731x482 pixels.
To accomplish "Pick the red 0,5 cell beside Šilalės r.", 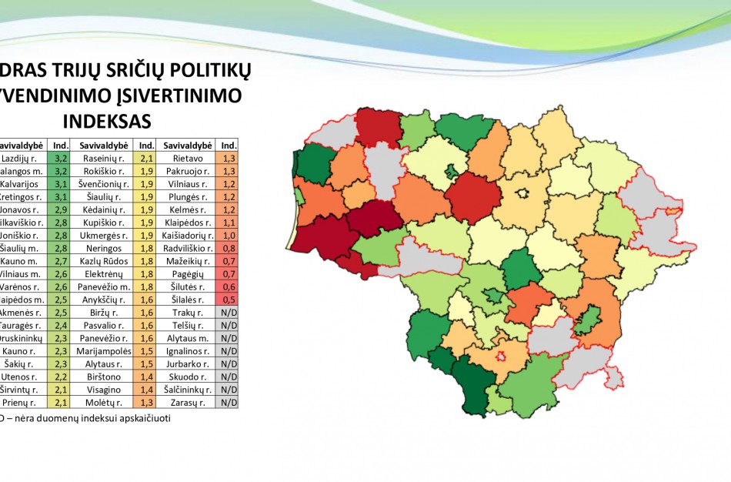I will click(x=228, y=300).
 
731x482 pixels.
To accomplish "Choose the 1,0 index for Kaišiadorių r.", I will click(x=228, y=235).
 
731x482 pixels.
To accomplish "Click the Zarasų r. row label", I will click(x=188, y=402).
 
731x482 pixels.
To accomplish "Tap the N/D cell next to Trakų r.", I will click(x=228, y=312).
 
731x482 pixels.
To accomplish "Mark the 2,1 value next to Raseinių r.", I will click(x=144, y=158).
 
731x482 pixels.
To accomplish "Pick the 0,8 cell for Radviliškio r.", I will click(x=228, y=248).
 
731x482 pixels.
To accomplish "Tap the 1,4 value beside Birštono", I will click(x=144, y=377).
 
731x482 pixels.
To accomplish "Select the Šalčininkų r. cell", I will click(x=188, y=390).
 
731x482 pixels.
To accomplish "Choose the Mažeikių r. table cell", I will click(x=188, y=261).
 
